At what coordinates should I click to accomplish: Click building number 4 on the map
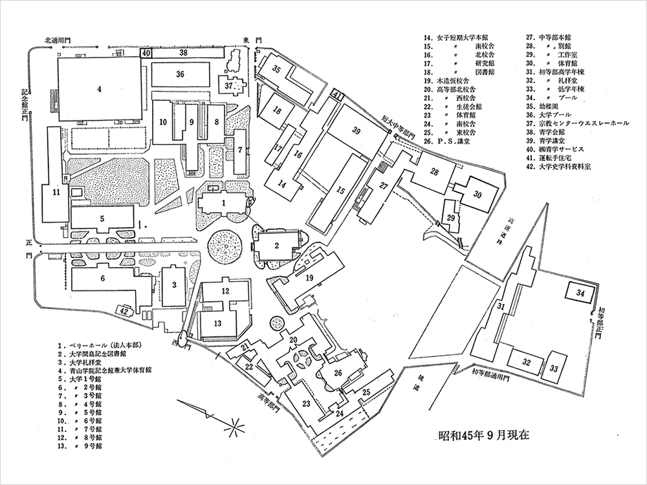[x=100, y=90]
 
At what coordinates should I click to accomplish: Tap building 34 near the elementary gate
[x=580, y=293]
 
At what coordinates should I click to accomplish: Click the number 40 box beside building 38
[x=146, y=52]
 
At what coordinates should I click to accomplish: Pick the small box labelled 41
[x=337, y=96]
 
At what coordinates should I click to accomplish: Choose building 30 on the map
[x=477, y=195]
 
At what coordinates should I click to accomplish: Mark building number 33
[x=554, y=367]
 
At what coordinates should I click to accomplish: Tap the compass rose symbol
[x=231, y=426]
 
